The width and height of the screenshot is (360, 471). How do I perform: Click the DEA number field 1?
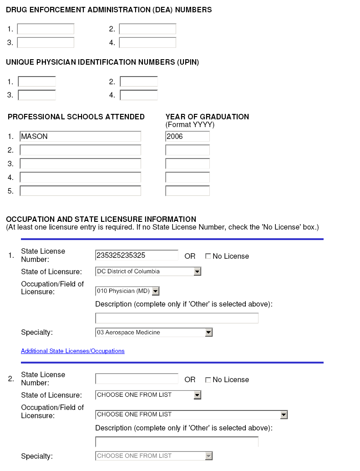[x=46, y=29]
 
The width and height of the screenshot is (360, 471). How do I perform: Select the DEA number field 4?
[x=147, y=43]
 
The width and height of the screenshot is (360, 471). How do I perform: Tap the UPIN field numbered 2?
[x=139, y=82]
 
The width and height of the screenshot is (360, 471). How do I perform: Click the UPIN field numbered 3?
[x=37, y=95]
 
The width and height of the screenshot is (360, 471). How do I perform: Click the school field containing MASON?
[x=80, y=137]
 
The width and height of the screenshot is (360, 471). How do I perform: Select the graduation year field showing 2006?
[x=188, y=137]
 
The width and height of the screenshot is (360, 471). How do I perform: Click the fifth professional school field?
[x=80, y=191]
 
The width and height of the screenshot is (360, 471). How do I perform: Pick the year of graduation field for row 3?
[x=188, y=164]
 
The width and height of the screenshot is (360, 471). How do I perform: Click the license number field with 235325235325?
[x=137, y=256]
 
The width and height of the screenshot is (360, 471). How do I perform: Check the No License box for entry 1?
[x=208, y=256]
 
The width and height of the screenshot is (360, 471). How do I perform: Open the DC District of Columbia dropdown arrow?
[x=197, y=271]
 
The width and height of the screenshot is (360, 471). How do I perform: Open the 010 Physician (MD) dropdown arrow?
[x=155, y=291]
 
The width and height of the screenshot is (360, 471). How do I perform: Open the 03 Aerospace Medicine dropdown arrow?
[x=208, y=333]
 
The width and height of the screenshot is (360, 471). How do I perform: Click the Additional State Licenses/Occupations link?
[x=73, y=351]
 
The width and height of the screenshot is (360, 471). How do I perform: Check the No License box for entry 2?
[x=208, y=380]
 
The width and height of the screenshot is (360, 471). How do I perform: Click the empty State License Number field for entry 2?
[x=137, y=379]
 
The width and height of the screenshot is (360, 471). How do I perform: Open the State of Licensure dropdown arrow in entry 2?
[x=197, y=395]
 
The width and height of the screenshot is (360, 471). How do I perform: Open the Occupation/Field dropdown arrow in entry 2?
[x=284, y=415]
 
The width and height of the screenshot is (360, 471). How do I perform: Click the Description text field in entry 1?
[x=177, y=318]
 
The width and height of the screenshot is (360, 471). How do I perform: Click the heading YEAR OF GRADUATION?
[x=207, y=117]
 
